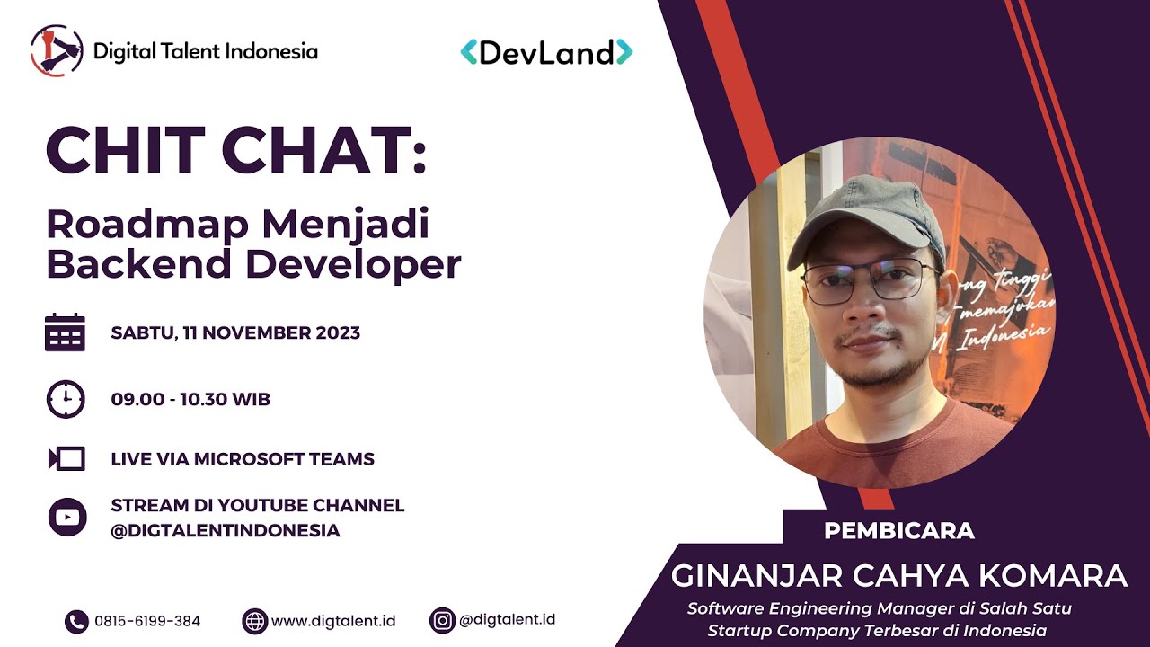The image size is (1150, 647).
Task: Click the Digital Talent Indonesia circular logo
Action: pyautogui.click(x=57, y=50)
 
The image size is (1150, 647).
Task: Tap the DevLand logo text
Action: pyautogui.click(x=546, y=52)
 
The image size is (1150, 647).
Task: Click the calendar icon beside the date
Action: pyautogui.click(x=65, y=332)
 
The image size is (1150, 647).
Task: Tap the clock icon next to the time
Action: pyautogui.click(x=66, y=399)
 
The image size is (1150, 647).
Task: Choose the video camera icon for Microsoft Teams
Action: pyautogui.click(x=66, y=459)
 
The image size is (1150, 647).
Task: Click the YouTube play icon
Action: pyautogui.click(x=66, y=517)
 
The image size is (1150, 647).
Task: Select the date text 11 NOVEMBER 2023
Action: pyautogui.click(x=270, y=332)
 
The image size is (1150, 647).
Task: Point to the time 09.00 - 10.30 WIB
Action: pyautogui.click(x=190, y=399)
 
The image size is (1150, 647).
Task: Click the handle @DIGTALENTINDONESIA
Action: pyautogui.click(x=226, y=530)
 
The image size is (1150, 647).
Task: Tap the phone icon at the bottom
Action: pyautogui.click(x=76, y=621)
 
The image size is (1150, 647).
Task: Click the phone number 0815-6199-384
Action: pyautogui.click(x=147, y=621)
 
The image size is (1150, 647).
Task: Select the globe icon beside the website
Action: pyautogui.click(x=255, y=621)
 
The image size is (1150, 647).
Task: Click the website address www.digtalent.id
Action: pyautogui.click(x=333, y=621)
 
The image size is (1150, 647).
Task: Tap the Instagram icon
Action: pyautogui.click(x=442, y=620)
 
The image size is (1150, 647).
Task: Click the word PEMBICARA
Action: pyautogui.click(x=898, y=530)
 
